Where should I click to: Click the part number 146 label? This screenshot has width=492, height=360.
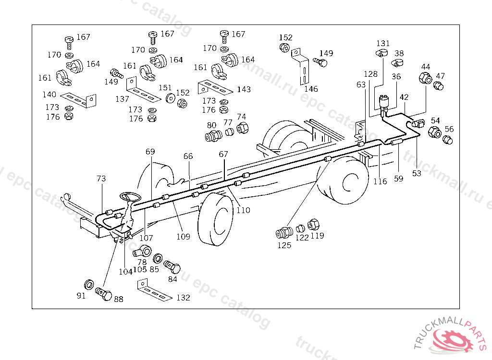tap(311, 89)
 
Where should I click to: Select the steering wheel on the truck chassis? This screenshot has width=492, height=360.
tap(130, 197)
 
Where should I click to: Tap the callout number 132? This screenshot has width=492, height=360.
tap(183, 297)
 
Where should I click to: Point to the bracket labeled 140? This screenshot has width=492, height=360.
tap(78, 100)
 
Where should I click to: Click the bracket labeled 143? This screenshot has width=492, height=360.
tap(215, 87)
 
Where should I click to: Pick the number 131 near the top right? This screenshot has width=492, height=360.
tap(383, 43)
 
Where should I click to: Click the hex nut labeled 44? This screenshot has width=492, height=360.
tap(425, 78)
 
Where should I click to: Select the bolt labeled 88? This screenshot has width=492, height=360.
tap(104, 294)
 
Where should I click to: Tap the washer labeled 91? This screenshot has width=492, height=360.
tap(89, 285)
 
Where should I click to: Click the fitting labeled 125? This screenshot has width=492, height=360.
tap(284, 233)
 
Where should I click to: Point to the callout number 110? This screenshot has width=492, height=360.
tap(243, 210)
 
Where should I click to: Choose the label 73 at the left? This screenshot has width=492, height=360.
tap(101, 179)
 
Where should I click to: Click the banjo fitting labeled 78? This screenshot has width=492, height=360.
tap(142, 251)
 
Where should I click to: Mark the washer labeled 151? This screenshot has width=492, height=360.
tap(171, 98)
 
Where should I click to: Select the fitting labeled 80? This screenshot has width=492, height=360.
tap(213, 136)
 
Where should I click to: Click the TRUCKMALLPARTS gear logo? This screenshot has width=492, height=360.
tap(451, 337)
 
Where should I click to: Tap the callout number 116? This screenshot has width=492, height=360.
tap(380, 181)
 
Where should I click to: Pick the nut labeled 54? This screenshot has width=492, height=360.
tap(434, 132)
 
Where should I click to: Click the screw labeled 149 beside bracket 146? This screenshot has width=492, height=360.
tap(320, 62)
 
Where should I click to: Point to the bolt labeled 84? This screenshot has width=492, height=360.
tap(172, 267)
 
